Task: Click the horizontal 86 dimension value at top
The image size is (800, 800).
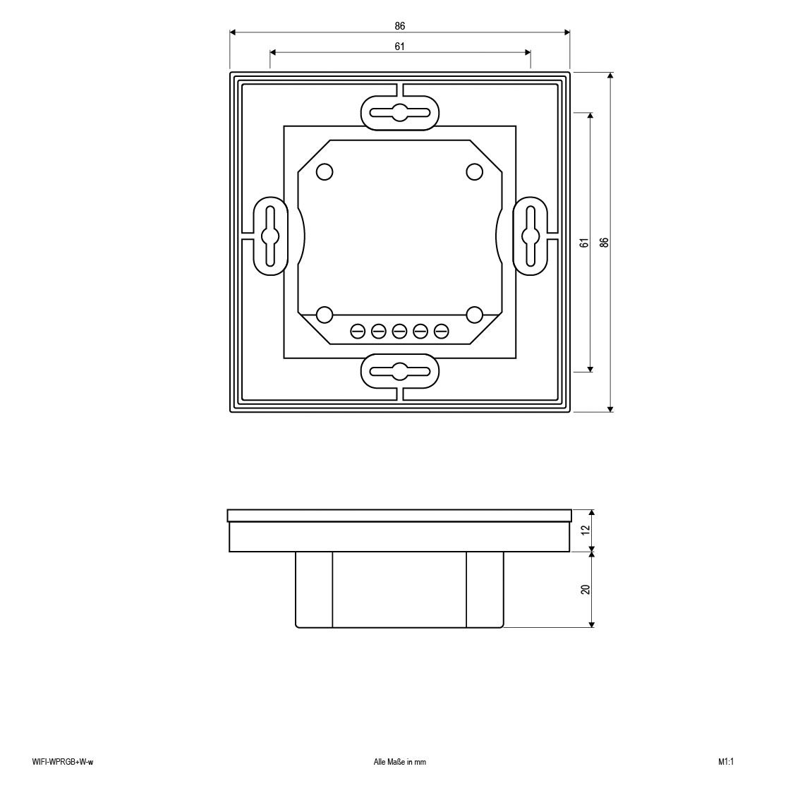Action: pos(400,26)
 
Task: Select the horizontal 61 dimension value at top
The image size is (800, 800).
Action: pos(400,47)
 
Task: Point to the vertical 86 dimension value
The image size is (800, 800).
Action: pos(604,242)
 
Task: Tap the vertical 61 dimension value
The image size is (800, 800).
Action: pos(583,242)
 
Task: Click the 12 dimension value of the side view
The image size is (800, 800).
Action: pos(585,530)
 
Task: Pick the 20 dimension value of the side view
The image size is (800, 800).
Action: pos(585,589)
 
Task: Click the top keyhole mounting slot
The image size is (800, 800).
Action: pos(400,111)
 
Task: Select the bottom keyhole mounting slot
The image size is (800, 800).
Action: pos(400,371)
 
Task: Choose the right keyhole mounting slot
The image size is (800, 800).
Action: pos(530,235)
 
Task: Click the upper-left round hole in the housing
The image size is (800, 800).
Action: pos(325,171)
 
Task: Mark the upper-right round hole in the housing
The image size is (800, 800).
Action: pos(475,171)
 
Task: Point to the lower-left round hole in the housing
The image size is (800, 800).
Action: pos(325,314)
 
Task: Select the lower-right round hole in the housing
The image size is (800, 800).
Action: pos(475,314)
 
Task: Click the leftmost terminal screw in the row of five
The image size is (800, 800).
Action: pos(358,330)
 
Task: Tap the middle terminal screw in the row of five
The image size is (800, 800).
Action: pos(400,330)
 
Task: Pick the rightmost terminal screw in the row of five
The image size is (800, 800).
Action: pos(442,330)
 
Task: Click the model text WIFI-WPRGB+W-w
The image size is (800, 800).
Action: pos(63,762)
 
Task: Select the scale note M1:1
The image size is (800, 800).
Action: pos(727,762)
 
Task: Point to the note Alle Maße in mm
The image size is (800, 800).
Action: pos(400,762)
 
